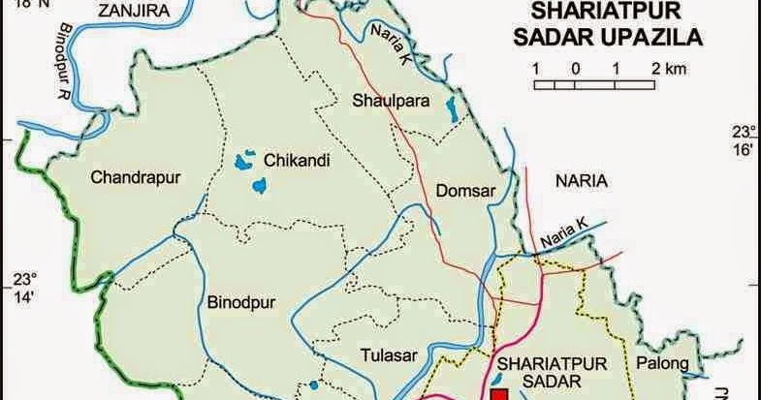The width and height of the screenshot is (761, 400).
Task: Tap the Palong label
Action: point(662,364)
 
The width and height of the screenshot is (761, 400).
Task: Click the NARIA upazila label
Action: point(580,180)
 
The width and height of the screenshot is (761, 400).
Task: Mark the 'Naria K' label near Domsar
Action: point(563,231)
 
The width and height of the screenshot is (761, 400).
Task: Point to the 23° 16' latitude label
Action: point(743,139)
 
